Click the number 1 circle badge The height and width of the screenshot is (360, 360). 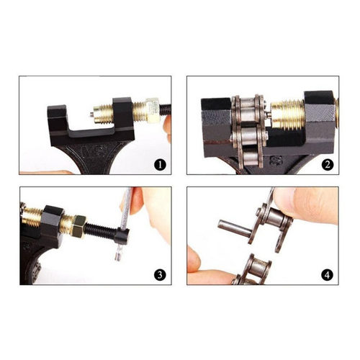pos(160,165)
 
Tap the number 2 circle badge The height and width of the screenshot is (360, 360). pos(328,165)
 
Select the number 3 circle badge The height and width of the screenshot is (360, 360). pos(160,275)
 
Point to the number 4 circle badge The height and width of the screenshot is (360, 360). pos(328,275)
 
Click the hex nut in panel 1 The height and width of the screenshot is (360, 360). pos(152,110)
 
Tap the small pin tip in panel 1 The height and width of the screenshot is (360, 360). pos(92,114)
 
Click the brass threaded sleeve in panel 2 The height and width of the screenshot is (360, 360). pos(287,114)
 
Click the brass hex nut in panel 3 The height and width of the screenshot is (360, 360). pos(79,226)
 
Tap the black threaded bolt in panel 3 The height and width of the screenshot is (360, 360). pos(100,232)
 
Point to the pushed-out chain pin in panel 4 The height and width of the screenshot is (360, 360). pos(235,228)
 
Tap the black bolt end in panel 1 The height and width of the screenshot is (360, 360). pos(166,109)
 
